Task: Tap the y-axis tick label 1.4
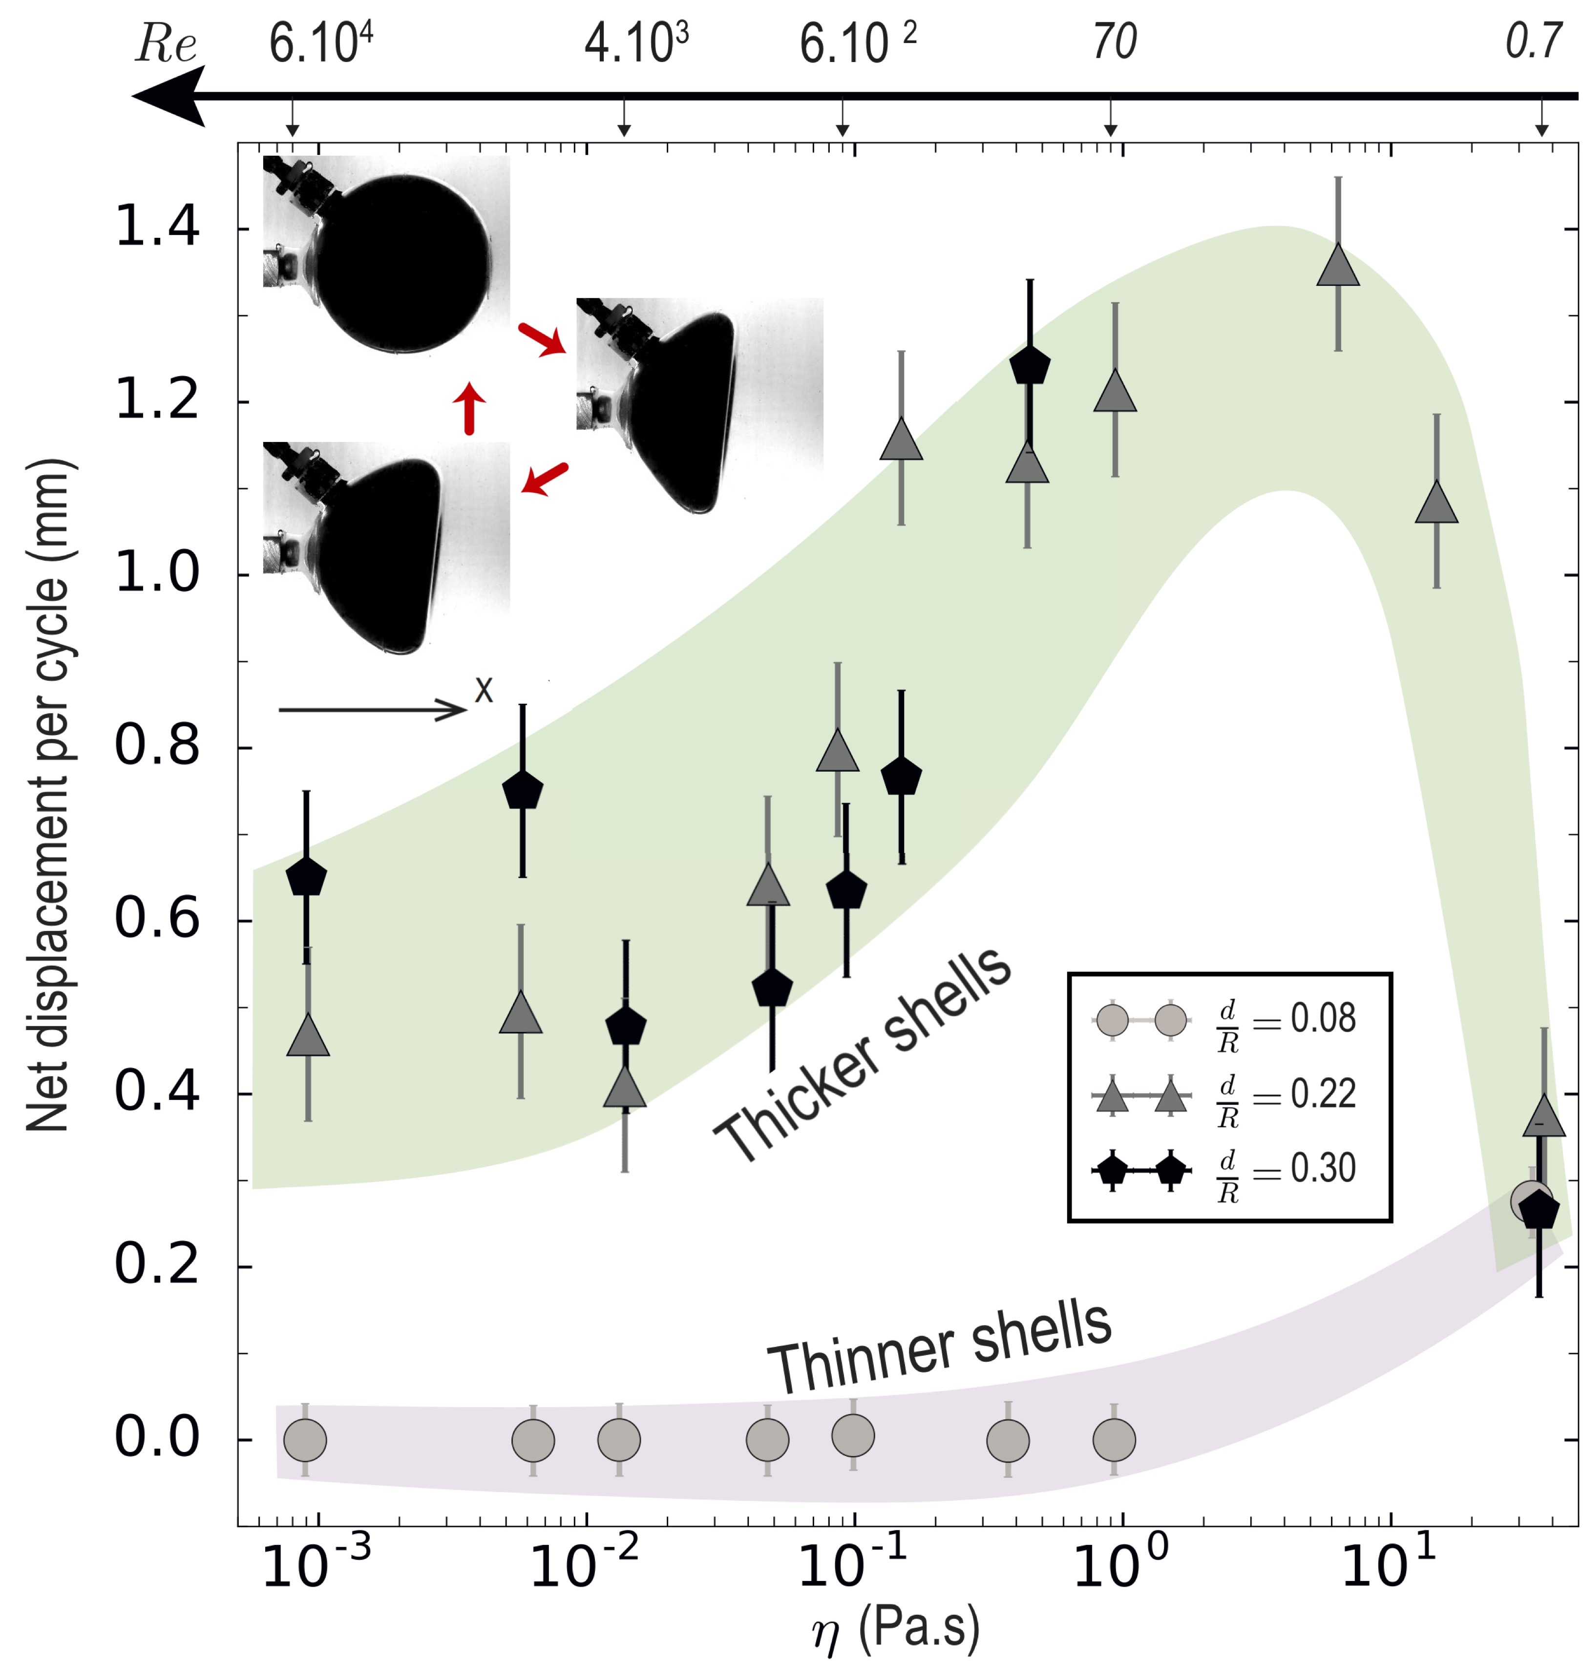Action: pos(157,228)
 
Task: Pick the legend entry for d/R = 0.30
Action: pos(1224,1170)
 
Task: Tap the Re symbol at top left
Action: pos(166,44)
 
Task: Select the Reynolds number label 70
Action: pos(1114,42)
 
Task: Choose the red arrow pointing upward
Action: pos(470,408)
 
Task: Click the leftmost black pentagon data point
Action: pos(306,878)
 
